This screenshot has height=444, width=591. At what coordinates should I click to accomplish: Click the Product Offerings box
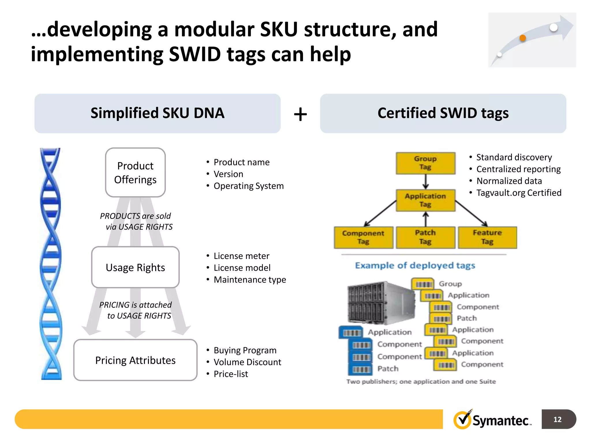pyautogui.click(x=135, y=173)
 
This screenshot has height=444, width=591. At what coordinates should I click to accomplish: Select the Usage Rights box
pyautogui.click(x=135, y=267)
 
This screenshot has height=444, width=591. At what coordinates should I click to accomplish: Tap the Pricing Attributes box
pyautogui.click(x=135, y=360)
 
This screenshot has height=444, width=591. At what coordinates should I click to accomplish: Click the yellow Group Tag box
pyautogui.click(x=425, y=163)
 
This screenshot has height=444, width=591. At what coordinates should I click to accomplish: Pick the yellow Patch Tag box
pyautogui.click(x=425, y=237)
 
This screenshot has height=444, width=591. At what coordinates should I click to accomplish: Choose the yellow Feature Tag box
pyautogui.click(x=487, y=237)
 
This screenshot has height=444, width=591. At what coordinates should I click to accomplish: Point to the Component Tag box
pyautogui.click(x=363, y=237)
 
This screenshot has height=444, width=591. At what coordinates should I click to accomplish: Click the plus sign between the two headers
pyautogui.click(x=300, y=114)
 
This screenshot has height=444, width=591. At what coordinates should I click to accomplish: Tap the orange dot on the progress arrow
pyautogui.click(x=523, y=38)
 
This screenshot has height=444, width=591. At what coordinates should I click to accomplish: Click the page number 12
pyautogui.click(x=558, y=419)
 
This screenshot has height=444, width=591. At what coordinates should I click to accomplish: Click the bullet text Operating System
pyautogui.click(x=248, y=186)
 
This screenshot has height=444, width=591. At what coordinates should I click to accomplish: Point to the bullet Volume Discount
pyautogui.click(x=247, y=362)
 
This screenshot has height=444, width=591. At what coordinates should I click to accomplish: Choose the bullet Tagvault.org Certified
pyautogui.click(x=519, y=193)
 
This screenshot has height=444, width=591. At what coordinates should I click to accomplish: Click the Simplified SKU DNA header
pyautogui.click(x=158, y=113)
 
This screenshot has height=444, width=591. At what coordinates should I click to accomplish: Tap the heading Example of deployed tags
pyautogui.click(x=415, y=265)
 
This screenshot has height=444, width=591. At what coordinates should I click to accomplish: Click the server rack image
pyautogui.click(x=380, y=303)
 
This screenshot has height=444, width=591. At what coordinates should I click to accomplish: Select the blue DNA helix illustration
pyautogui.click(x=51, y=264)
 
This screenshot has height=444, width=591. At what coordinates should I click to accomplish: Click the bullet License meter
pyautogui.click(x=241, y=256)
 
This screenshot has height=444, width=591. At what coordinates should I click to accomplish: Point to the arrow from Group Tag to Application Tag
pyautogui.click(x=426, y=182)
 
